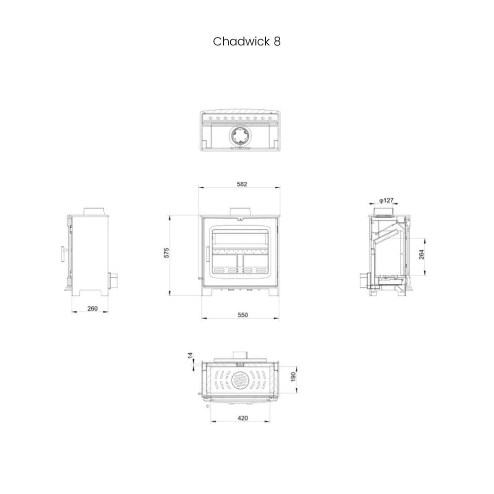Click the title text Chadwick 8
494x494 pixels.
coord(247,41)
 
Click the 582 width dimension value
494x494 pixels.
coord(242,184)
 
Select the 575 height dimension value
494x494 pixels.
coord(167,252)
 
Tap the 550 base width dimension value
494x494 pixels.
coord(242,315)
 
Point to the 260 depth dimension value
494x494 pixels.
coord(92,309)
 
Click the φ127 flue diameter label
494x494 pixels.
coord(386,200)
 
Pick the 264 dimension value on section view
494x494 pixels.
coord(421,254)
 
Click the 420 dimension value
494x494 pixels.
coord(243,418)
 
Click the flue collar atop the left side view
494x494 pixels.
coord(93,212)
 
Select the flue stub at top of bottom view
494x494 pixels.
coord(241,354)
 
